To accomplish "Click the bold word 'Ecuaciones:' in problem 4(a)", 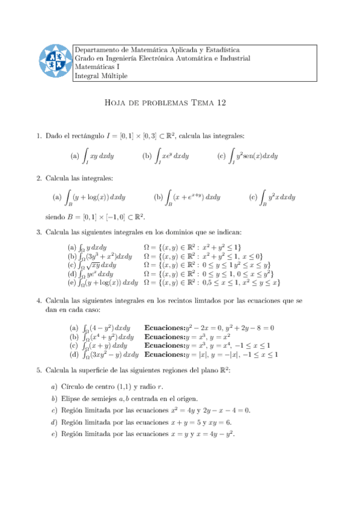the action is (x=165, y=328).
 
